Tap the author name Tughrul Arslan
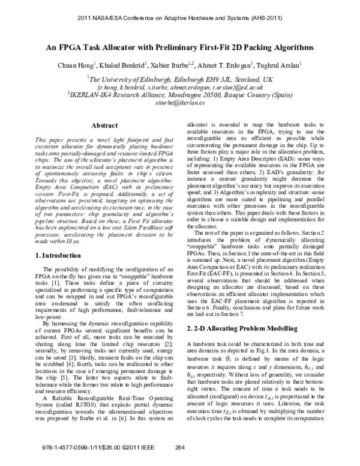280,64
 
